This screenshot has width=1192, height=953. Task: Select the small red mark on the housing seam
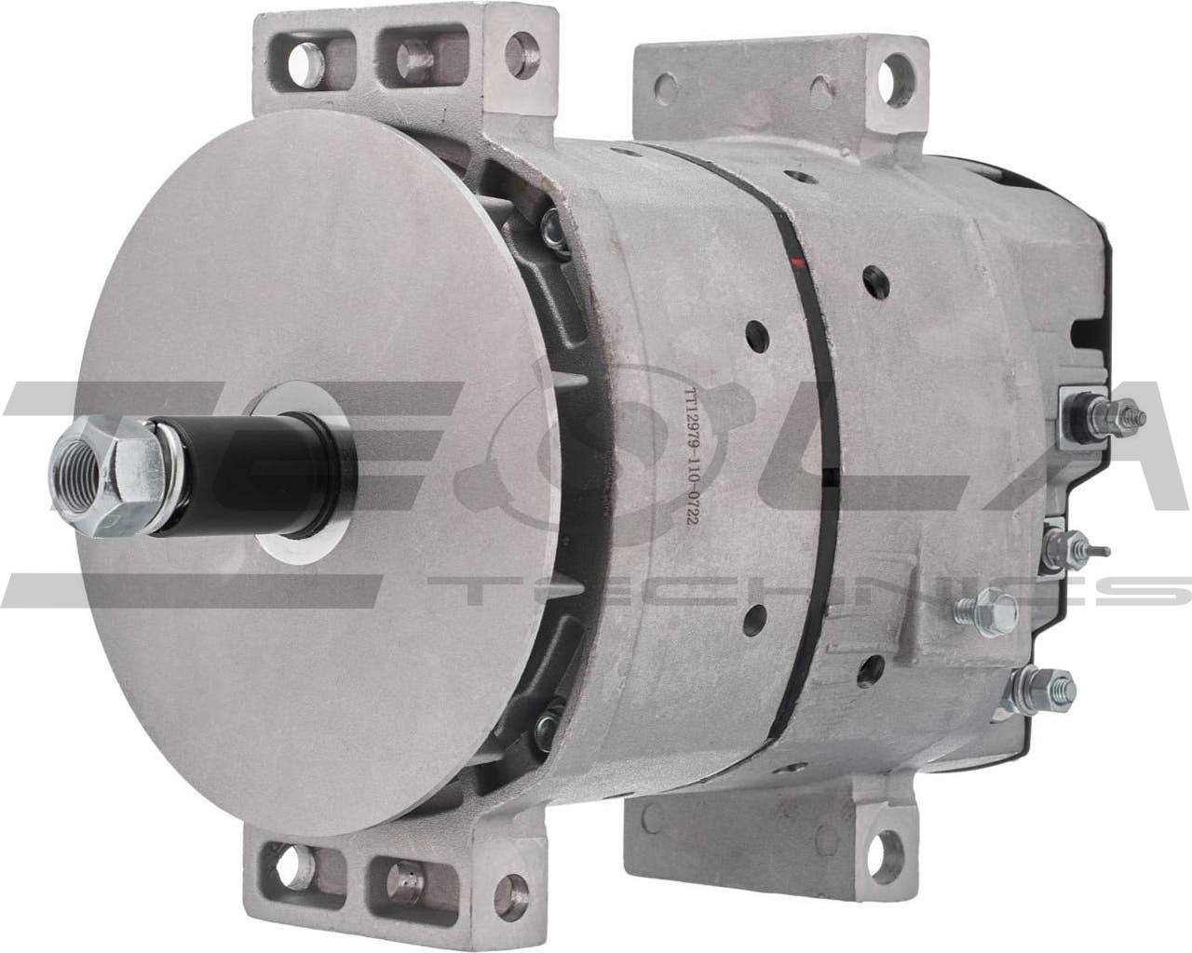[794, 264]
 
